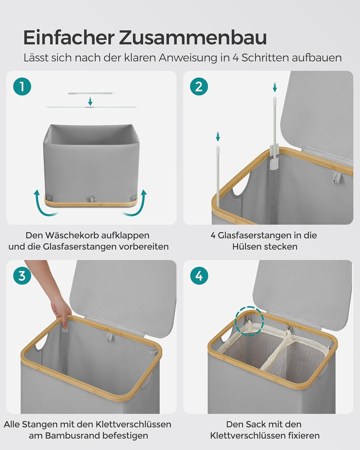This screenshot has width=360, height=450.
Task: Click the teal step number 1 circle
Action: tap(22, 87)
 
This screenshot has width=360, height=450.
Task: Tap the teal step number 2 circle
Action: tap(199, 87)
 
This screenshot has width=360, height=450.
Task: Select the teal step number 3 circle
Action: tap(22, 276)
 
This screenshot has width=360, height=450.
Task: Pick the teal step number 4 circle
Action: tap(199, 276)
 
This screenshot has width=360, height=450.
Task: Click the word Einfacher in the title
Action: tap(69, 38)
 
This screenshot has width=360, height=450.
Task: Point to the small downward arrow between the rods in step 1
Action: tap(90, 101)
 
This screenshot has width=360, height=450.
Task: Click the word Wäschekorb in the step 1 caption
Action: tap(72, 235)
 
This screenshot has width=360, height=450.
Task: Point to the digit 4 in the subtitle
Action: tap(236, 58)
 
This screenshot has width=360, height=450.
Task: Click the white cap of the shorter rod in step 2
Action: tap(218, 149)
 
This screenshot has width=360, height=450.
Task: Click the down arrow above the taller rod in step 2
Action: tap(275, 87)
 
